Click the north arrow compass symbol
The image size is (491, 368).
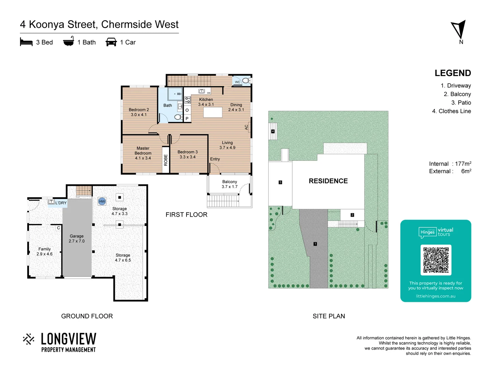[x=459, y=30]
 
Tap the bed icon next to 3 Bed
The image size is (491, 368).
[x=26, y=42]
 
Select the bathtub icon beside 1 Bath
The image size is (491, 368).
[x=69, y=41]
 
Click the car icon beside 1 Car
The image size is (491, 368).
[x=111, y=42]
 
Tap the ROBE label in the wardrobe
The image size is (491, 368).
[x=166, y=160]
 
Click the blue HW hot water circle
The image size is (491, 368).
[x=102, y=201]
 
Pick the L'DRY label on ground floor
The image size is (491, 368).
[x=61, y=203]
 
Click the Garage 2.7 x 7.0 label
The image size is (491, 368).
[x=77, y=239]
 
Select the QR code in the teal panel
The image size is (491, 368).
[x=436, y=260]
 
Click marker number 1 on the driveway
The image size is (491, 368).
[x=315, y=244]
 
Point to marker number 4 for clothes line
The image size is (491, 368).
[x=273, y=132]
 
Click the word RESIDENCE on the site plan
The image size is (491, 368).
[x=328, y=181]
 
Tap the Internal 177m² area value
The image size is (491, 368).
[x=463, y=164]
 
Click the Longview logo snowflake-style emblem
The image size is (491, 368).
[x=29, y=339]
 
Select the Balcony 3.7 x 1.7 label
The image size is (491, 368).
[x=229, y=184]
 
